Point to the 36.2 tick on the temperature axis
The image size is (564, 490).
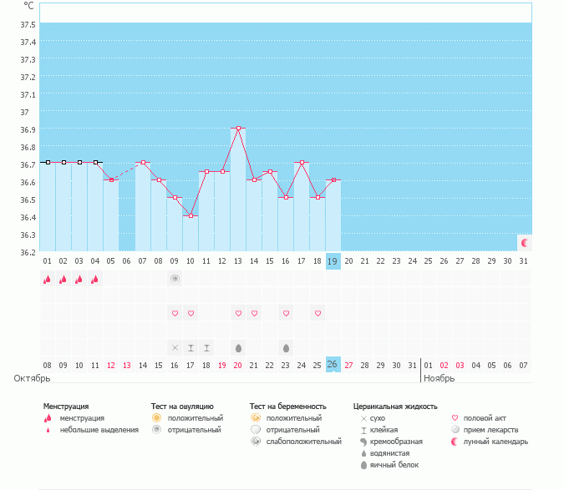28,252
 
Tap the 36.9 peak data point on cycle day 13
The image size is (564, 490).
238,128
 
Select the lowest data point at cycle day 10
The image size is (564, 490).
191,215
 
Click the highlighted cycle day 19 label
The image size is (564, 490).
333,261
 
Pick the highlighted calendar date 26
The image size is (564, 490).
333,364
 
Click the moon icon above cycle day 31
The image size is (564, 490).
525,242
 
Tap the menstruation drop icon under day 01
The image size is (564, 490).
48,280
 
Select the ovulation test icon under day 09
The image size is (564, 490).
175,280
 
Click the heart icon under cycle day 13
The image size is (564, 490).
238,313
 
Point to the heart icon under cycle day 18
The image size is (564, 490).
318,313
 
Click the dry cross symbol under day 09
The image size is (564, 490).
175,347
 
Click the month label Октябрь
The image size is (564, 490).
33,378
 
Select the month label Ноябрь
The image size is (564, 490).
439,378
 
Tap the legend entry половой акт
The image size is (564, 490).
485,417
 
